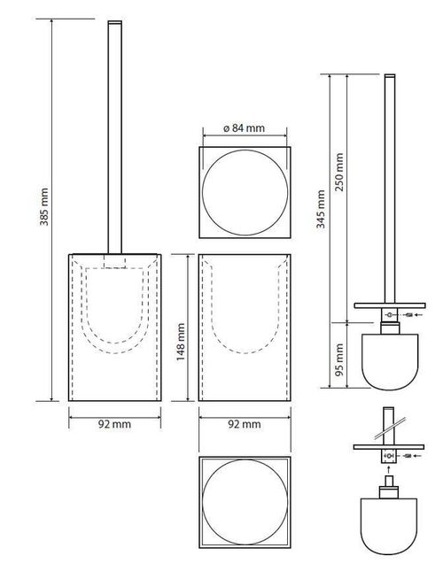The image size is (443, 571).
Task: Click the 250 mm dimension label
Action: coord(341,176)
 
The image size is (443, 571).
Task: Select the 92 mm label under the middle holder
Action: coord(244,425)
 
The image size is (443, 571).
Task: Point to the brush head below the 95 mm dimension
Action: coord(390,359)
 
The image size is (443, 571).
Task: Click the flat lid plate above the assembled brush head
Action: coord(390,305)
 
